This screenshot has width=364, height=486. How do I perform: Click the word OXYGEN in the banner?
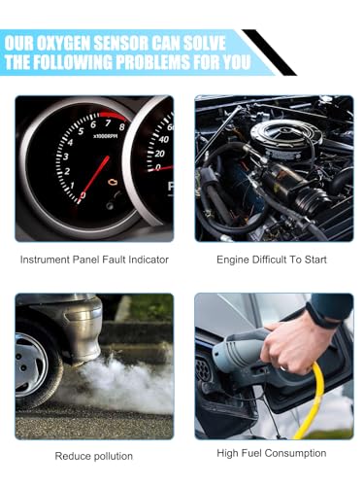click(63, 44)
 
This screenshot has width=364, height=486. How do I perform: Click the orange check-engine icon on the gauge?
click(113, 183)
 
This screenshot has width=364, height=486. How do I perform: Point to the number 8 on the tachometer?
click(121, 126)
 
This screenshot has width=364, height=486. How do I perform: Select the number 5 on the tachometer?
click(81, 131)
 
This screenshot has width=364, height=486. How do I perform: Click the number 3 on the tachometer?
click(66, 156)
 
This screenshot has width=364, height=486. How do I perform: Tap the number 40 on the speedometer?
click(164, 140)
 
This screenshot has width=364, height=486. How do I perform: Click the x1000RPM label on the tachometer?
click(105, 136)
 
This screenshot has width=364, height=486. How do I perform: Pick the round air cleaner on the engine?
click(285, 135)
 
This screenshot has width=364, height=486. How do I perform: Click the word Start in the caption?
click(315, 260)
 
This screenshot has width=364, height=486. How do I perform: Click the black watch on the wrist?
click(320, 315)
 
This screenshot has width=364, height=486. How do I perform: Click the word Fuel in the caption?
click(252, 453)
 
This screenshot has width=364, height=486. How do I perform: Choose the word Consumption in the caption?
click(295, 453)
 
